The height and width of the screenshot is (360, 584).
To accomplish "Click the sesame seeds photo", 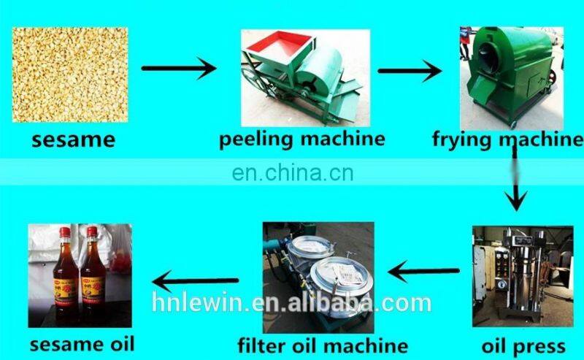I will click(70, 74).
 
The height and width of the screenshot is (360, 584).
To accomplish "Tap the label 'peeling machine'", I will click(301, 138).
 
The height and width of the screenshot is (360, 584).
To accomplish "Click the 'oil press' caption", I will click(523, 345).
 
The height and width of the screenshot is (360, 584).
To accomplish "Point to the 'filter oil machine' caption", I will click(323, 344).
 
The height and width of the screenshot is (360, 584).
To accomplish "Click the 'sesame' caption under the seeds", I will click(73, 139).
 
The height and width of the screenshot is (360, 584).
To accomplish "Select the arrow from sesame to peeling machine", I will click(179, 69).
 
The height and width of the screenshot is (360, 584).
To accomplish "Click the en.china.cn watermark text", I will click(292, 174).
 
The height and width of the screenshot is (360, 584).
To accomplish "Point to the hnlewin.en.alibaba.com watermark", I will click(292, 302).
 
